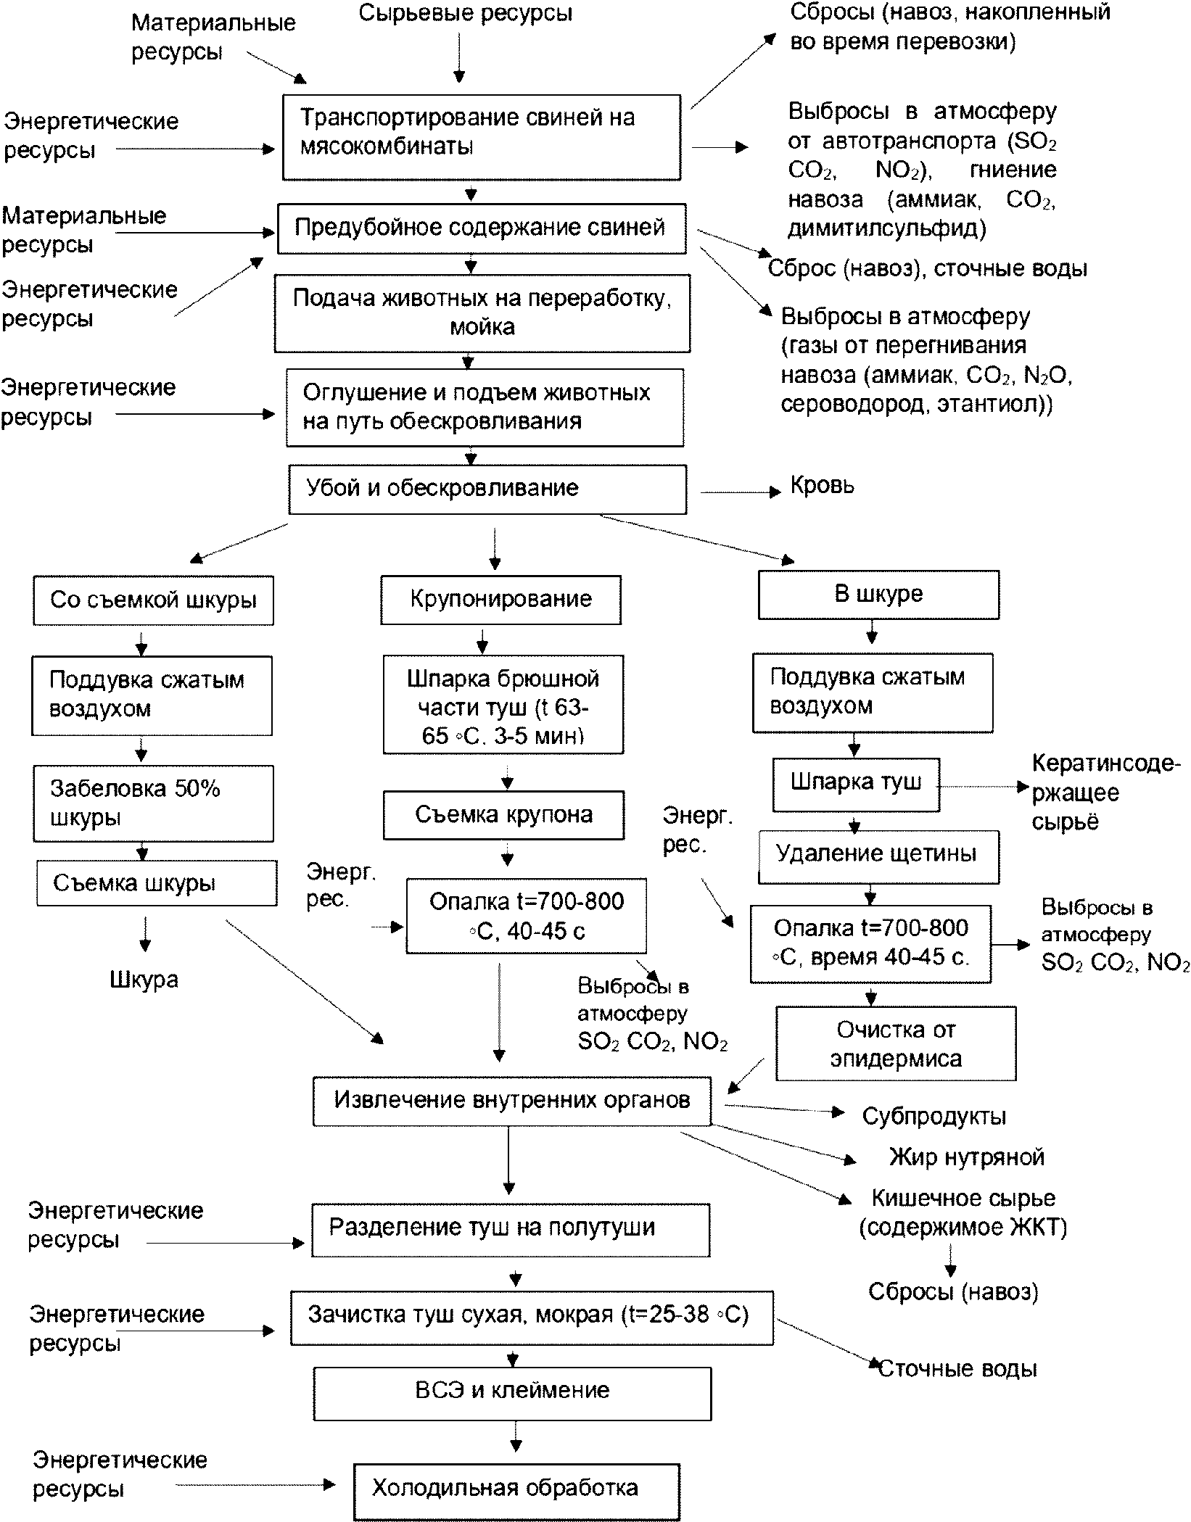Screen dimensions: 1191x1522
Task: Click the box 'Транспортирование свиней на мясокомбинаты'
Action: (482, 137)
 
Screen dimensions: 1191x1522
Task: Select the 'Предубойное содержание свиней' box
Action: (482, 228)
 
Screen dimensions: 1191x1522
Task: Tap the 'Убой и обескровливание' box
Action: (487, 490)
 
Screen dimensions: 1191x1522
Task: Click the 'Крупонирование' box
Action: (501, 600)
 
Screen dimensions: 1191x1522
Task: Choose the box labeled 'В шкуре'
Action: (878, 595)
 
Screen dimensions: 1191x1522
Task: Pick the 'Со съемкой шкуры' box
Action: (153, 600)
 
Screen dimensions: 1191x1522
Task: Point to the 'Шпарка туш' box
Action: (856, 785)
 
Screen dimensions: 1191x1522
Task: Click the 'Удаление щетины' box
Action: (878, 856)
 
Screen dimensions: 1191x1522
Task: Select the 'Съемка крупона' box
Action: (504, 816)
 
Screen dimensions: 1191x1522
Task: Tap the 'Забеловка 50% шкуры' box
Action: (153, 803)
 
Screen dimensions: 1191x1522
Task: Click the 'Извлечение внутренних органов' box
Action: (511, 1101)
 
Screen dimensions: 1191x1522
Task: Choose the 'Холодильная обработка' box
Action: (516, 1492)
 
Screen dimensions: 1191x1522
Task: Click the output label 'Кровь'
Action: (823, 486)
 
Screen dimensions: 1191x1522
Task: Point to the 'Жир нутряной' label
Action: (967, 1157)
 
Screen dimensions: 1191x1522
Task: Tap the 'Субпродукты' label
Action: (934, 1116)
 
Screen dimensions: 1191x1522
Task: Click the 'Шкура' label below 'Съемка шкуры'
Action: (144, 980)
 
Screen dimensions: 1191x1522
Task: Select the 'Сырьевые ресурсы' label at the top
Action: (466, 13)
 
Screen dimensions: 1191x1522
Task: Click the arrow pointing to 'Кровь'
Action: (740, 492)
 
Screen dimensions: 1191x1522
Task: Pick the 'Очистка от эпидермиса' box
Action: (896, 1043)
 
